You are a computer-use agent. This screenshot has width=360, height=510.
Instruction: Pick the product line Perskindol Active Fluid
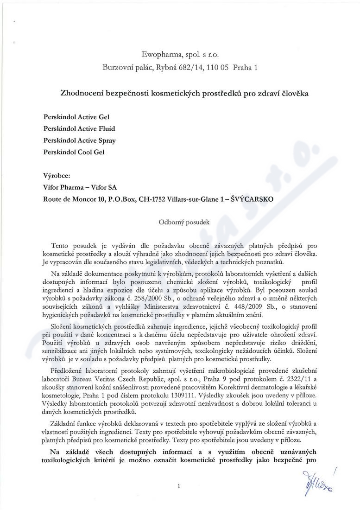[79, 128]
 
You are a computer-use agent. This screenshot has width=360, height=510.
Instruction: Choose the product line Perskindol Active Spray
[79, 140]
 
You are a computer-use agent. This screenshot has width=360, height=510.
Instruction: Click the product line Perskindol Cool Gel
[73, 152]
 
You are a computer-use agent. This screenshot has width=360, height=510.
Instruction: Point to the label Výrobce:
[57, 176]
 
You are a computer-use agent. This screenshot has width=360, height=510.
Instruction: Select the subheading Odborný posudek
[184, 222]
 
